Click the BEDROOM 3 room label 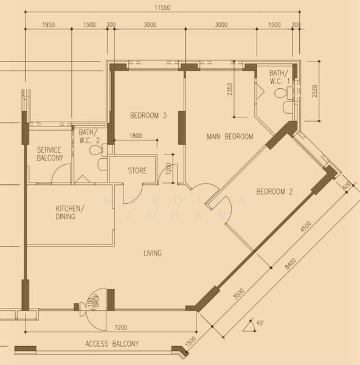[x=148, y=116]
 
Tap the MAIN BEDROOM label [x=230, y=136]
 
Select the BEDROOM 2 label [x=274, y=192]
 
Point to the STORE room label [x=137, y=170]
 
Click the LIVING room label [x=153, y=253]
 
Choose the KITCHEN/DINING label [x=69, y=212]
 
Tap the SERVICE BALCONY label [x=50, y=154]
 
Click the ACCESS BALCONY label [x=112, y=344]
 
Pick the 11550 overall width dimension [x=162, y=8]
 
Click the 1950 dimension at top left [x=49, y=25]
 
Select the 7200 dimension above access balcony [x=121, y=327]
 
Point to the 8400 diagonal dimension [x=291, y=264]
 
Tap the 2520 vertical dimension [x=314, y=91]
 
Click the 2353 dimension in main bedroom [x=230, y=89]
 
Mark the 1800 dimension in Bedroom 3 [x=136, y=136]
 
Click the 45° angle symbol [x=260, y=323]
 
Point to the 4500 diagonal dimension [x=305, y=226]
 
